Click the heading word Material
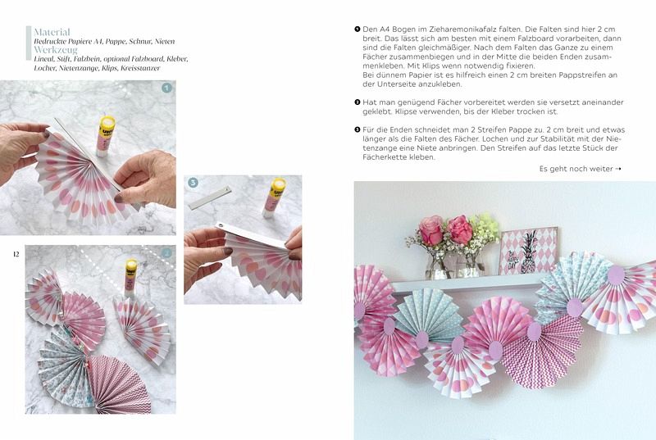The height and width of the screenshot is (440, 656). pyautogui.click(x=52, y=32)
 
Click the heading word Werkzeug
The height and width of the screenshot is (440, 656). pyautogui.click(x=56, y=50)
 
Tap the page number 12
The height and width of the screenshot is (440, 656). pyautogui.click(x=16, y=254)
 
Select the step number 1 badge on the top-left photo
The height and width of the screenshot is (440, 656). pyautogui.click(x=166, y=88)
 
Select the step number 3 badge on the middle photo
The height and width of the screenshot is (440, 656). pyautogui.click(x=193, y=183)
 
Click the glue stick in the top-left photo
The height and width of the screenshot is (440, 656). pyautogui.click(x=105, y=137)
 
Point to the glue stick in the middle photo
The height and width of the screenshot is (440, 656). pyautogui.click(x=274, y=197)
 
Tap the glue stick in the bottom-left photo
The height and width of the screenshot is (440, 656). pyautogui.click(x=130, y=277)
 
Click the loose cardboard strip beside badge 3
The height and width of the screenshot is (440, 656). pyautogui.click(x=210, y=197)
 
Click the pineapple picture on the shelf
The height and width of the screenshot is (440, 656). pyautogui.click(x=528, y=250)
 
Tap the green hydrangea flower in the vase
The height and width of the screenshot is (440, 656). pyautogui.click(x=485, y=227)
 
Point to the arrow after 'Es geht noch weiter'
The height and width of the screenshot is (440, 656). pyautogui.click(x=618, y=169)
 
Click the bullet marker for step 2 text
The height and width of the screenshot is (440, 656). pyautogui.click(x=358, y=102)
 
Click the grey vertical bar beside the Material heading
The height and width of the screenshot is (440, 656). pyautogui.click(x=29, y=43)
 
